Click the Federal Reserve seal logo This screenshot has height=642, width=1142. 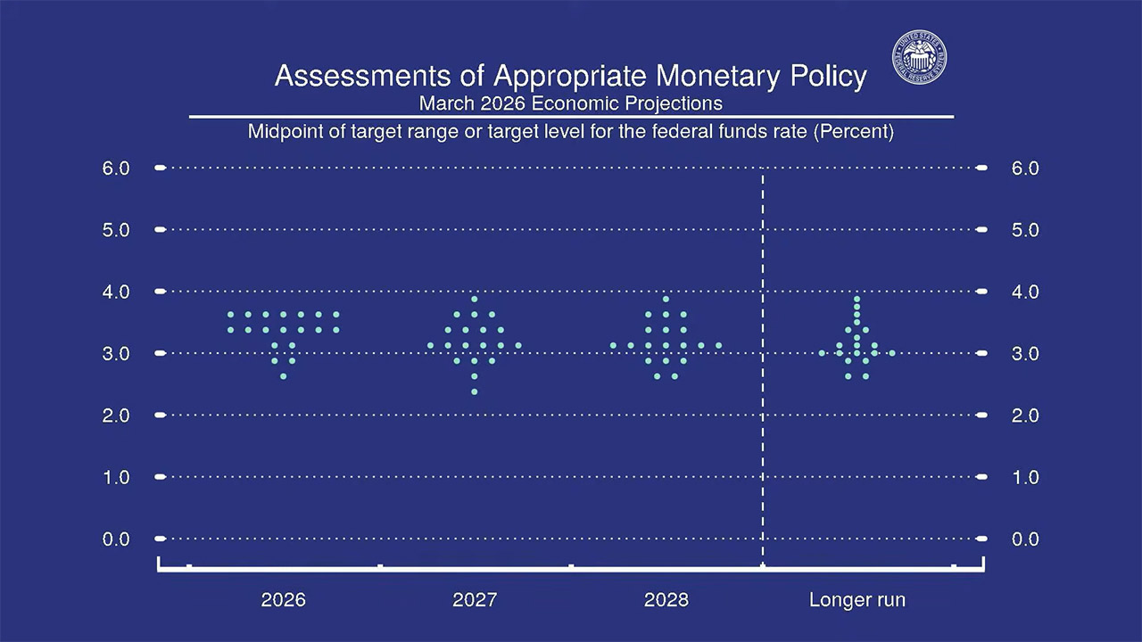(920, 60)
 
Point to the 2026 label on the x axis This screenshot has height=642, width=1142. (283, 599)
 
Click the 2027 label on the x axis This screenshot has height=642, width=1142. (475, 599)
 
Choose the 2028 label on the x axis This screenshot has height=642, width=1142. (666, 599)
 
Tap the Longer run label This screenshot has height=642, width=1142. (856, 599)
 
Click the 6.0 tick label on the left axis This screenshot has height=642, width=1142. (116, 168)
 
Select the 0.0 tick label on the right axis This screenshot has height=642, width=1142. (1025, 539)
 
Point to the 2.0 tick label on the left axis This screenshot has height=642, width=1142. (116, 415)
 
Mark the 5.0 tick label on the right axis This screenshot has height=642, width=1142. (1025, 229)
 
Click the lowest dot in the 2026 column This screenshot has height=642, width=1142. (284, 376)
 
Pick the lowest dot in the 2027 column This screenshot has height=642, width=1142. (475, 391)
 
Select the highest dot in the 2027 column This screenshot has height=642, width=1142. (475, 299)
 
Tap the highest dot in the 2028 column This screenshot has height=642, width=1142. (666, 299)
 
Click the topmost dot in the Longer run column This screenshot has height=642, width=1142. (857, 299)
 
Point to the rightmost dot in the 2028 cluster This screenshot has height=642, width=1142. (718, 345)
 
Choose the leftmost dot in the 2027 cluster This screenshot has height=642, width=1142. (430, 345)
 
